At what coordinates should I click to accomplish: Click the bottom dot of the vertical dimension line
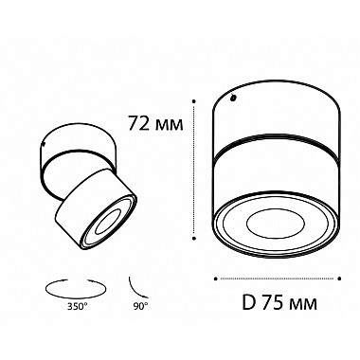click(x=194, y=232)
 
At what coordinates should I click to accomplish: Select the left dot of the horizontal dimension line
click(x=217, y=279)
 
